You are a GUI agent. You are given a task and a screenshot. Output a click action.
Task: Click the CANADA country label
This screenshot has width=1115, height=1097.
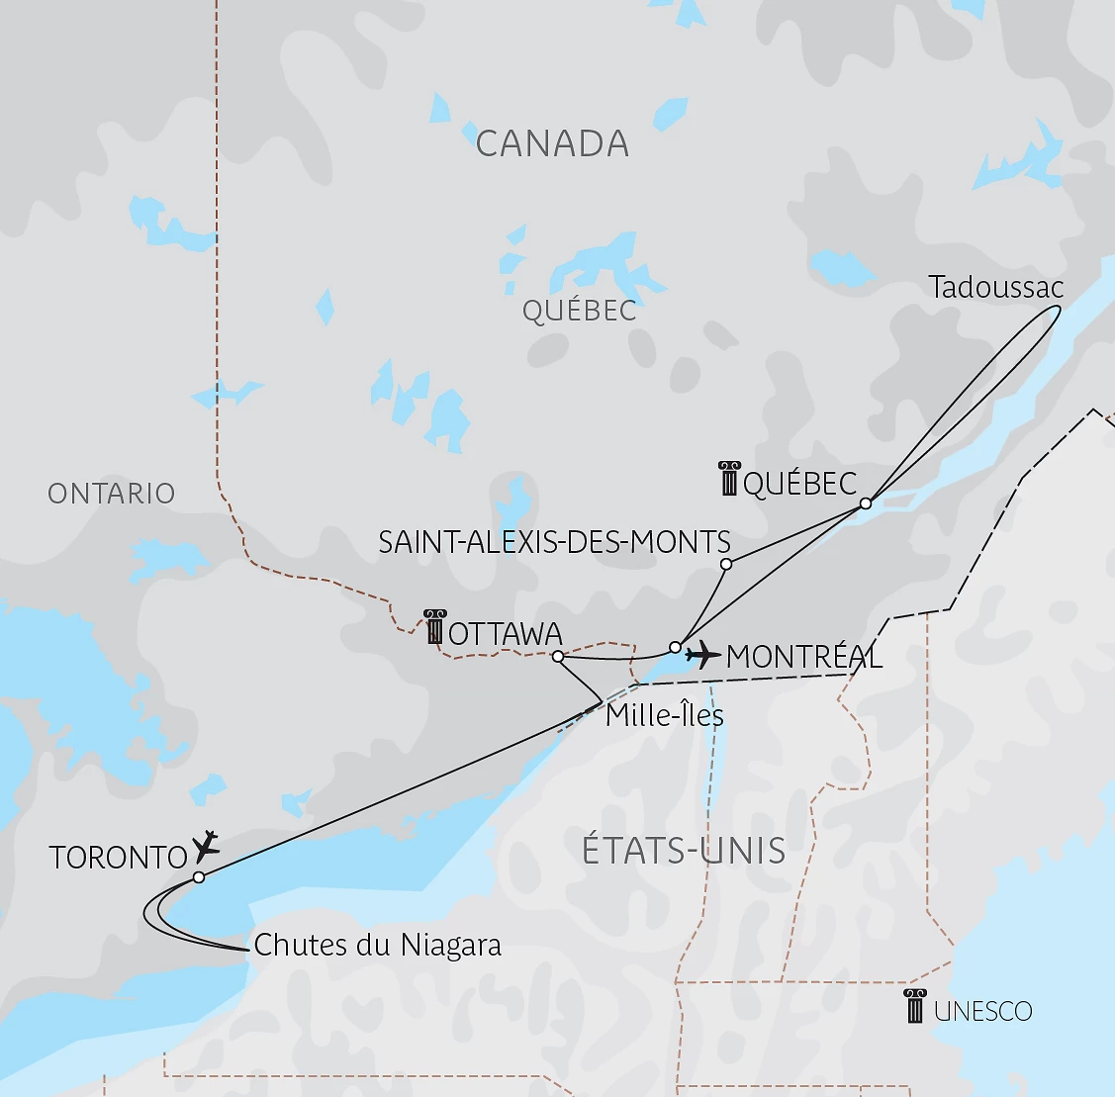click(x=552, y=144)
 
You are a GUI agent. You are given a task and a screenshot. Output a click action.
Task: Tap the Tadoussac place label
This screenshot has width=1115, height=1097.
click(x=995, y=288)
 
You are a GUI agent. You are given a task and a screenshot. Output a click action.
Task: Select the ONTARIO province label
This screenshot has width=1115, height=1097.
click(x=111, y=494)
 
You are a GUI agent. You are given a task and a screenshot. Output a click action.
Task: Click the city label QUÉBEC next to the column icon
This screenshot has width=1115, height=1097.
click(x=799, y=484)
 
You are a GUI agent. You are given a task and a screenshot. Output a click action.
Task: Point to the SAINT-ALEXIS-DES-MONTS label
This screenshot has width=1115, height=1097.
click(x=554, y=542)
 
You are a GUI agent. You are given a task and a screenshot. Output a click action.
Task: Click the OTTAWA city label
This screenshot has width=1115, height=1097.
click(x=505, y=634)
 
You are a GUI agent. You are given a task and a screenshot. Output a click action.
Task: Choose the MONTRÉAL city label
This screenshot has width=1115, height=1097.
click(x=803, y=657)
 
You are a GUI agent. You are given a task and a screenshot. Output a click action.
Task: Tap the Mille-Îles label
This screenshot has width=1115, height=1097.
click(x=664, y=715)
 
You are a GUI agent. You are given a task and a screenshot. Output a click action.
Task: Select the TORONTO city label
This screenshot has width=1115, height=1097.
click(x=118, y=857)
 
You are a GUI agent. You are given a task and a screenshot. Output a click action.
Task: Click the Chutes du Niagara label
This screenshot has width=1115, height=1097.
click(x=377, y=945)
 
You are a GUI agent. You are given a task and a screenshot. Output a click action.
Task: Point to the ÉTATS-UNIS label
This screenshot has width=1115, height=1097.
click(x=684, y=851)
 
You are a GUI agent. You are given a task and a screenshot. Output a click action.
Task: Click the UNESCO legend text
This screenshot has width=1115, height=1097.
click(x=982, y=1011)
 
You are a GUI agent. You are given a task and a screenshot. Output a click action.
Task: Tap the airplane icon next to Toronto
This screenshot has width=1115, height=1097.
click(x=207, y=846)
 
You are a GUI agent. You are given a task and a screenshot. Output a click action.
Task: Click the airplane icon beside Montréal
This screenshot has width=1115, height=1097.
click(x=702, y=654)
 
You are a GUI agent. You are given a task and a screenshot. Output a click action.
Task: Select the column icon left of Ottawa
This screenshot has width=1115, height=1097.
click(x=434, y=627)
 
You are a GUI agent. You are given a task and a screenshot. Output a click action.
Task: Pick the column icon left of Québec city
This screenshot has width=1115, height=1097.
click(x=729, y=478)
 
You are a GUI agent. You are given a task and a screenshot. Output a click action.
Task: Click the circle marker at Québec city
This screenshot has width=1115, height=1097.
click(x=866, y=503)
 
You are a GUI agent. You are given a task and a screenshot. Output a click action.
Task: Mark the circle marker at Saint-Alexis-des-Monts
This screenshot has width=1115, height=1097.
click(x=726, y=564)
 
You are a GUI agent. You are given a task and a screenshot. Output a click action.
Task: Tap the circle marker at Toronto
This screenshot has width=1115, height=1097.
click(x=199, y=877)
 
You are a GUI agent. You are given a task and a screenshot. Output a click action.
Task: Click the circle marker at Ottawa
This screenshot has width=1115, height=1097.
click(x=558, y=656)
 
